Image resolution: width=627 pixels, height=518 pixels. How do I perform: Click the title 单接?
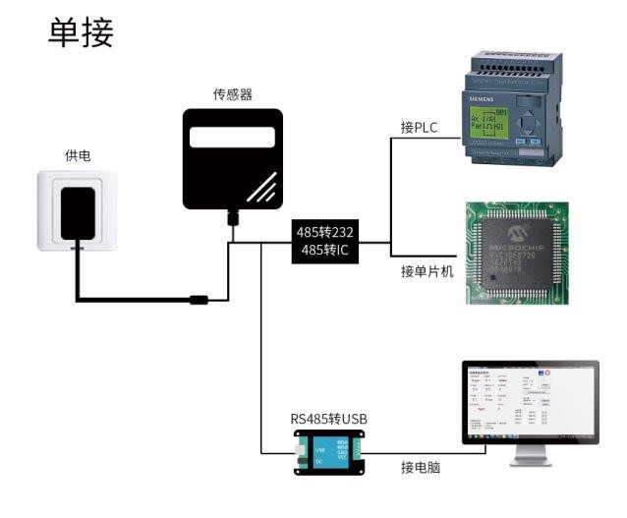coord(82,33)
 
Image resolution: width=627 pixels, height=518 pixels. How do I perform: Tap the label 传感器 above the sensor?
coord(233,94)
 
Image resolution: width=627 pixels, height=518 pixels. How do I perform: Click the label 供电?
coord(79,156)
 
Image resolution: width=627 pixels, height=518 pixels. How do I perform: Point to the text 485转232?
coord(324,232)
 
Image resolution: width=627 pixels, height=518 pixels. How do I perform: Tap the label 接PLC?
coord(420,127)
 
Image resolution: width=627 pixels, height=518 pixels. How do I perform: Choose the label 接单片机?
coord(427,271)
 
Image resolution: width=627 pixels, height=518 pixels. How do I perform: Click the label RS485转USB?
coord(328,419)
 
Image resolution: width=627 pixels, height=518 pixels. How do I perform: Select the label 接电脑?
coord(421,468)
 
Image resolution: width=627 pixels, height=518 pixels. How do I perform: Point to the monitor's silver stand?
coord(530,456)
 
